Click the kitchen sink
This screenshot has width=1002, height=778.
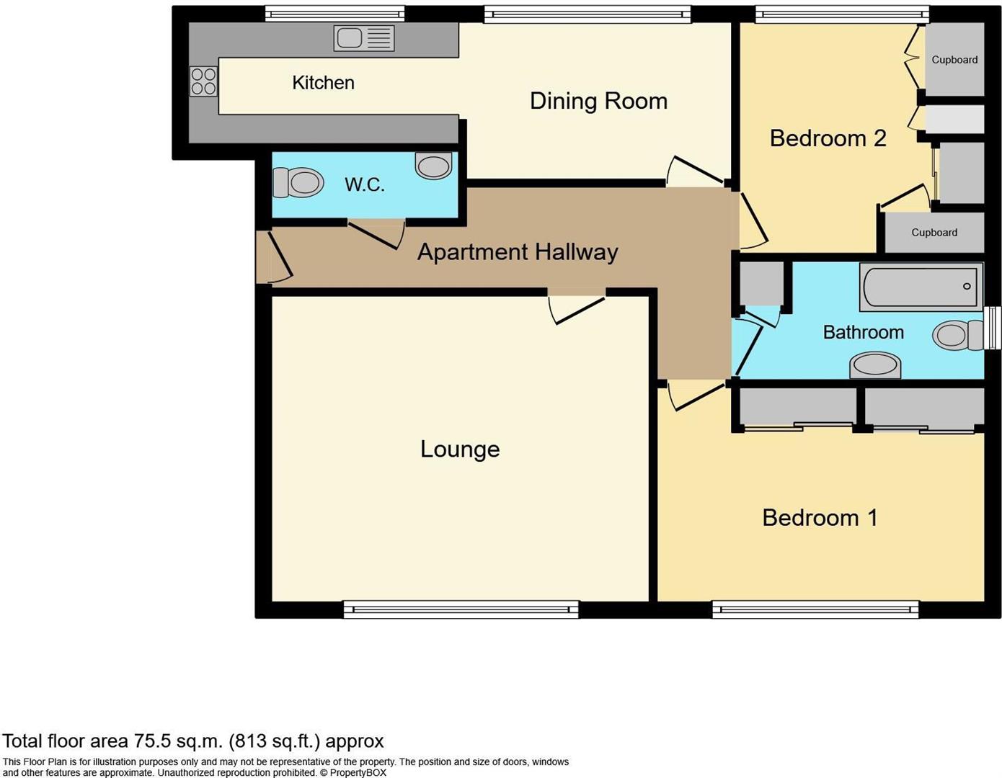pyautogui.click(x=364, y=38)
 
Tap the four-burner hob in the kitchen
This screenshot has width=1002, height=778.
pyautogui.click(x=203, y=81)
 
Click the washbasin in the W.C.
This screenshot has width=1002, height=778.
pyautogui.click(x=433, y=166)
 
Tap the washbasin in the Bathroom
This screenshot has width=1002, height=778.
pyautogui.click(x=875, y=365)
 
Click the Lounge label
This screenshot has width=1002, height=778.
pyautogui.click(x=460, y=450)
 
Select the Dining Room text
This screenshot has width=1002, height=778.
pyautogui.click(x=598, y=101)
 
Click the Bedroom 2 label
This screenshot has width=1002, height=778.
pyautogui.click(x=828, y=138)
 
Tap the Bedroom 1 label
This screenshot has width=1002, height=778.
pyautogui.click(x=820, y=517)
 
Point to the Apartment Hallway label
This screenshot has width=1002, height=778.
pyautogui.click(x=518, y=252)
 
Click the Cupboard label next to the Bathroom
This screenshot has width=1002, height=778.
pyautogui.click(x=934, y=233)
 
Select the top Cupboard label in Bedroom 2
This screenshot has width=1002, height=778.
pyautogui.click(x=954, y=60)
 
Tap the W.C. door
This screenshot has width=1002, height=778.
pyautogui.click(x=375, y=233)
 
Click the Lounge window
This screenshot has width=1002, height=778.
pyautogui.click(x=461, y=610)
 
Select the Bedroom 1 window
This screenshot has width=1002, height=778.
pyautogui.click(x=815, y=610)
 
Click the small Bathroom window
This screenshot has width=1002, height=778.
pyautogui.click(x=993, y=328)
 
